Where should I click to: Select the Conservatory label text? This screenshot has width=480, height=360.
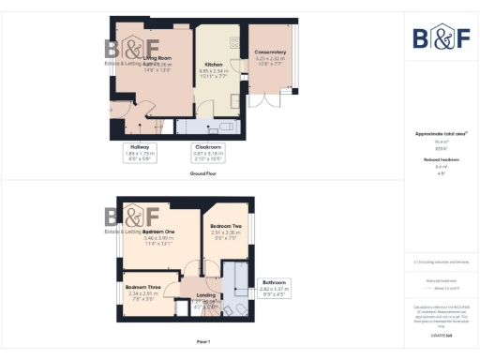tap(270, 52)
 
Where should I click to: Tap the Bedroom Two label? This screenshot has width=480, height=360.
tap(226, 227)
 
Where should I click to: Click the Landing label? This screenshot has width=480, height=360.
tap(206, 295)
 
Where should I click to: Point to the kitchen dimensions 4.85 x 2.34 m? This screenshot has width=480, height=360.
tap(213, 70)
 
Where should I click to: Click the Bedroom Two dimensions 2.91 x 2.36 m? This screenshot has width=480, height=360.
tap(226, 233)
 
